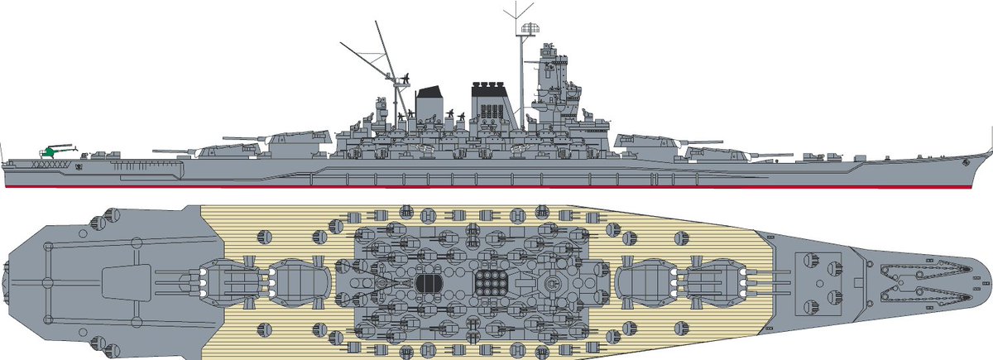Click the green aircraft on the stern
51,151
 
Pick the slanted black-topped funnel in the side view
430,103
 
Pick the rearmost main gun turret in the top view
228,283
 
